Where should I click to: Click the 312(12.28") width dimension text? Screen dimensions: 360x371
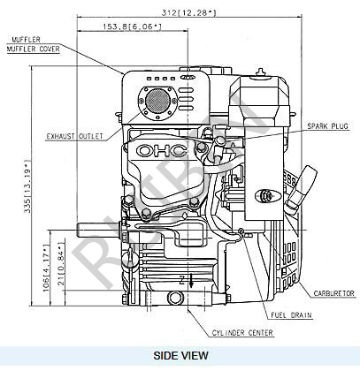pyautogui.click(x=189, y=13)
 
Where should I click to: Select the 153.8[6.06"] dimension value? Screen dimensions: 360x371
pyautogui.click(x=133, y=26)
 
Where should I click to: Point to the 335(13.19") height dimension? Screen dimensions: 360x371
pyautogui.click(x=27, y=186)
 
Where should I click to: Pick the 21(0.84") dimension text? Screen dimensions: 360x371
pyautogui.click(x=61, y=264)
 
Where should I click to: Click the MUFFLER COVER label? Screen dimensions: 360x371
pyautogui.click(x=34, y=49)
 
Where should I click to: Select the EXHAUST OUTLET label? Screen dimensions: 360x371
pyautogui.click(x=75, y=136)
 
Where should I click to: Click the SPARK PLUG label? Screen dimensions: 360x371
pyautogui.click(x=328, y=126)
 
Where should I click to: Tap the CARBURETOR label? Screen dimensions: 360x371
pyautogui.click(x=334, y=293)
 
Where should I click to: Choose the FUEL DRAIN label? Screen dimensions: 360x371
pyautogui.click(x=291, y=315)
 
